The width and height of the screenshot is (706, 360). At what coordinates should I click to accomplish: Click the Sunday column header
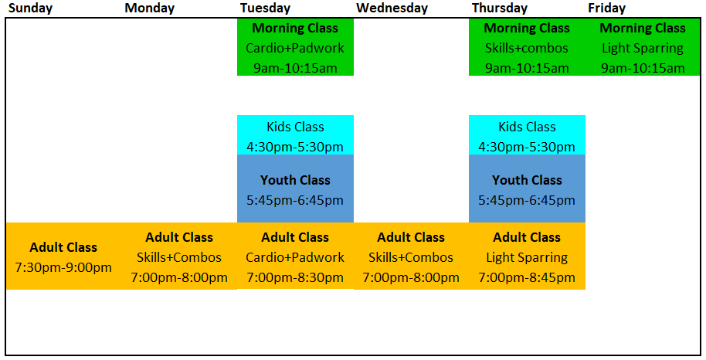point(31,8)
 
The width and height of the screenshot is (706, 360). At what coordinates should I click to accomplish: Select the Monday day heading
point(150,8)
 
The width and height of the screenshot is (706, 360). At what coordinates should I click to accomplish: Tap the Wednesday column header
point(392,8)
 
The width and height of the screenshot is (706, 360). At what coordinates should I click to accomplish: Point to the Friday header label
point(606,8)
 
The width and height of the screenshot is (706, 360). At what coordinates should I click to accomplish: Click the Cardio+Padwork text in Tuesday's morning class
point(295,48)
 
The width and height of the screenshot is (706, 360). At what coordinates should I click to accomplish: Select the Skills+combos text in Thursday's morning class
point(526,48)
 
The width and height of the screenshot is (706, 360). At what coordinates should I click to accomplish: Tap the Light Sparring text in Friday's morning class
point(643,48)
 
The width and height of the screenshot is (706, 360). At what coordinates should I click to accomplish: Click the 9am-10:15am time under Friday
point(643,68)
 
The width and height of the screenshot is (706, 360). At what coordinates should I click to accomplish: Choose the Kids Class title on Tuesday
point(295,127)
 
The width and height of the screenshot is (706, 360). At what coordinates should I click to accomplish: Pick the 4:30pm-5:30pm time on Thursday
point(526,147)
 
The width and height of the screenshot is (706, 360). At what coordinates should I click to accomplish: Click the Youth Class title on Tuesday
point(295,180)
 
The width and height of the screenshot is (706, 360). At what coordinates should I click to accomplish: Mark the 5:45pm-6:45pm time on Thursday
point(526,200)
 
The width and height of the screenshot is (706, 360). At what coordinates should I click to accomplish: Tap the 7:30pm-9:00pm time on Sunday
point(63,267)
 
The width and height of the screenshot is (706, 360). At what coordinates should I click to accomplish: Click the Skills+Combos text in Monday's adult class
point(179,257)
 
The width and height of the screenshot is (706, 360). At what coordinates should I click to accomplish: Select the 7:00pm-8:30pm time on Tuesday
point(295,277)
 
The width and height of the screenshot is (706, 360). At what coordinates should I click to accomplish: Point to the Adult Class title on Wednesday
point(411,237)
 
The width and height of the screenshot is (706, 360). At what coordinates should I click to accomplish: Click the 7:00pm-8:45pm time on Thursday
point(526,277)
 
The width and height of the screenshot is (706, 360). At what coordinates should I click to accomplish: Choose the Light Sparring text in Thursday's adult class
point(526,257)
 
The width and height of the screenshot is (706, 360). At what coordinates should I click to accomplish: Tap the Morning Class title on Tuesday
point(295,28)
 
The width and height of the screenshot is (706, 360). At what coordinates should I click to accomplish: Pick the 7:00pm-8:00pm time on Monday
point(179,277)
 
